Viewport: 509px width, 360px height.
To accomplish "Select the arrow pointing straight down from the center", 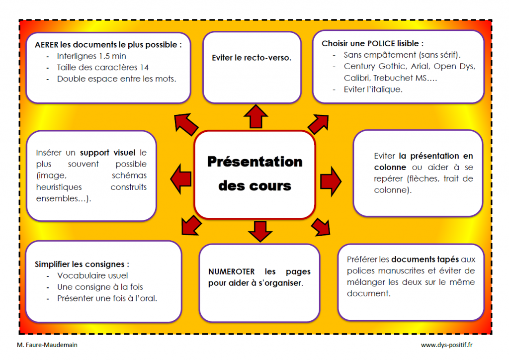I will (x=257, y=230).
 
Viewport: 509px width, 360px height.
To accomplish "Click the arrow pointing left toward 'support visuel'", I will (x=181, y=176).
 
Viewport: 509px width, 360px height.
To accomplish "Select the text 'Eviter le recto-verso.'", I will (x=252, y=58).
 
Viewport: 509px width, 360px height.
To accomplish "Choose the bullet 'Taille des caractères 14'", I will (x=102, y=67).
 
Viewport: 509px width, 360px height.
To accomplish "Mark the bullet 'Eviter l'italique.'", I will (x=373, y=90).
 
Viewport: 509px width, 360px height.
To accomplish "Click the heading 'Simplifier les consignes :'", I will (x=82, y=264).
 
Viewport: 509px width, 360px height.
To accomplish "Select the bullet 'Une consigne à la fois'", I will (x=100, y=287).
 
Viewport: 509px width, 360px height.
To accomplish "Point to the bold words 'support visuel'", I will (x=107, y=153).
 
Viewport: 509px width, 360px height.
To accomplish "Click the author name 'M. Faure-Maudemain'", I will (x=47, y=345).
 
